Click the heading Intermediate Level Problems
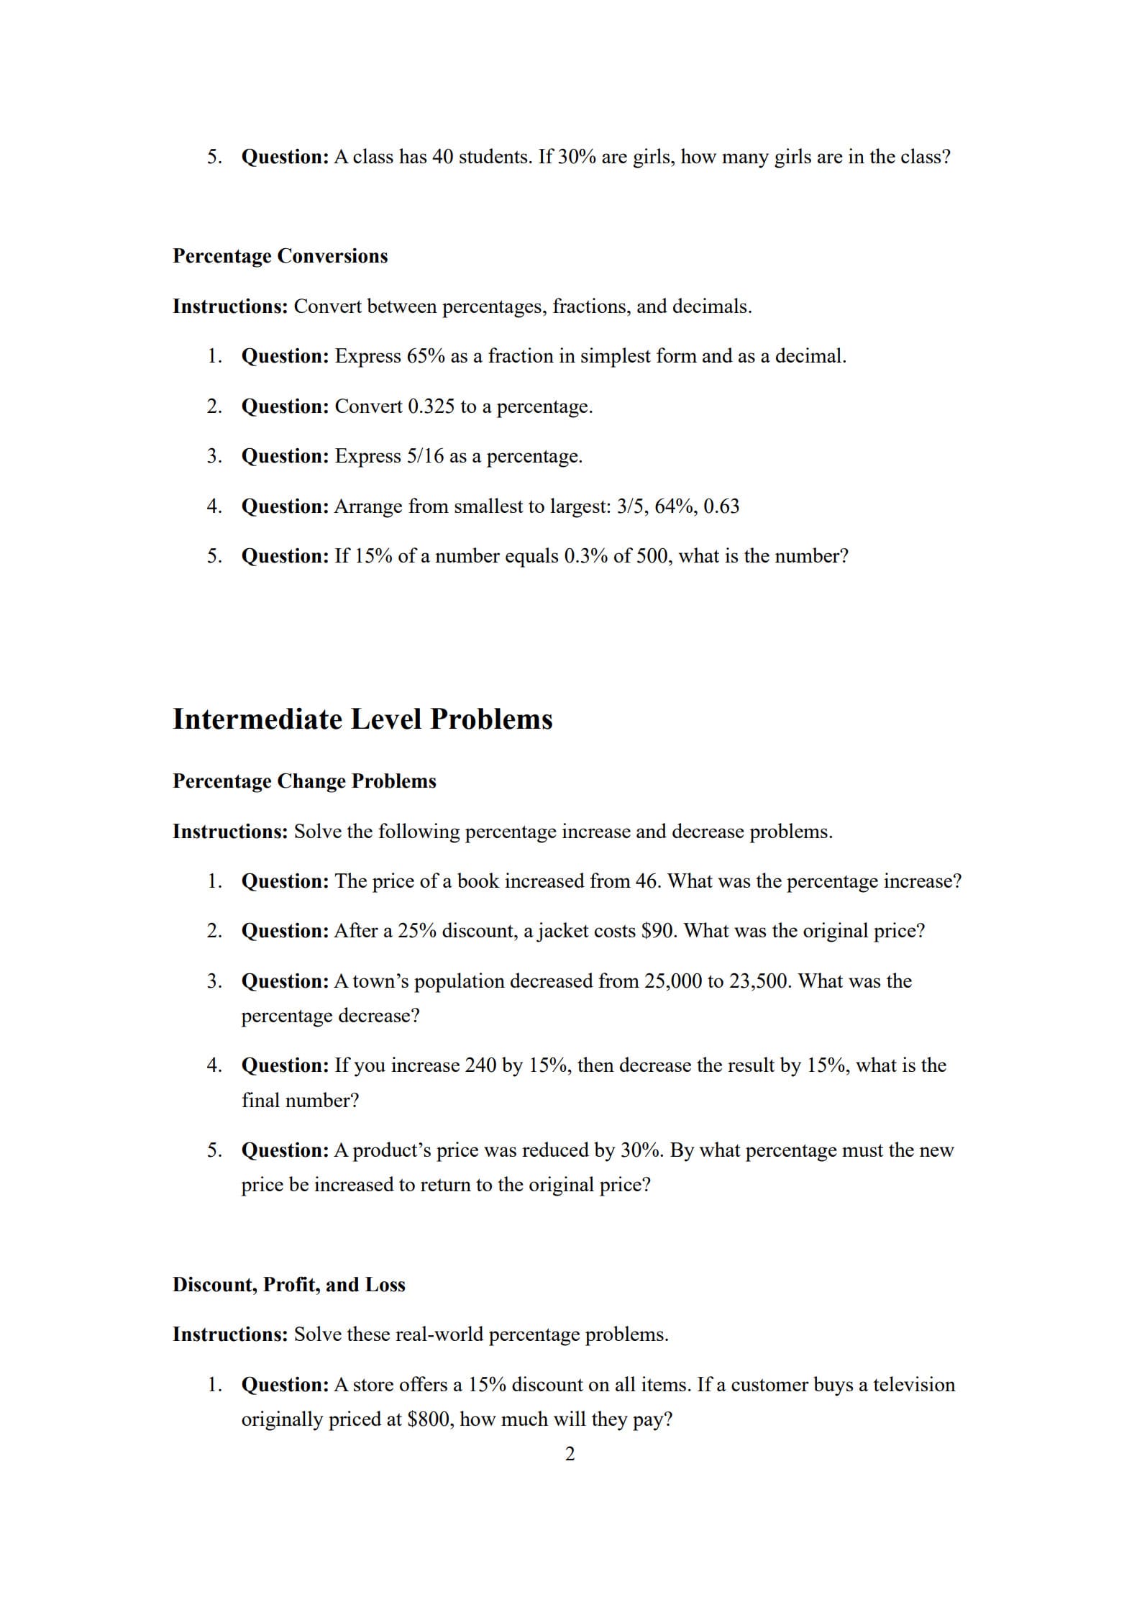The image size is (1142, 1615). click(x=362, y=719)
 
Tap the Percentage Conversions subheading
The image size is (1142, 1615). click(x=280, y=256)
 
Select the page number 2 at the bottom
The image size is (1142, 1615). click(x=570, y=1455)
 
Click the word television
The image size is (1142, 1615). click(x=913, y=1385)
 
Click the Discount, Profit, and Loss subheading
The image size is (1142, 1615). click(x=288, y=1285)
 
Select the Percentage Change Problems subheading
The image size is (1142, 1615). click(x=304, y=781)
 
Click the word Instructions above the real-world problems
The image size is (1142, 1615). click(x=230, y=1334)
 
